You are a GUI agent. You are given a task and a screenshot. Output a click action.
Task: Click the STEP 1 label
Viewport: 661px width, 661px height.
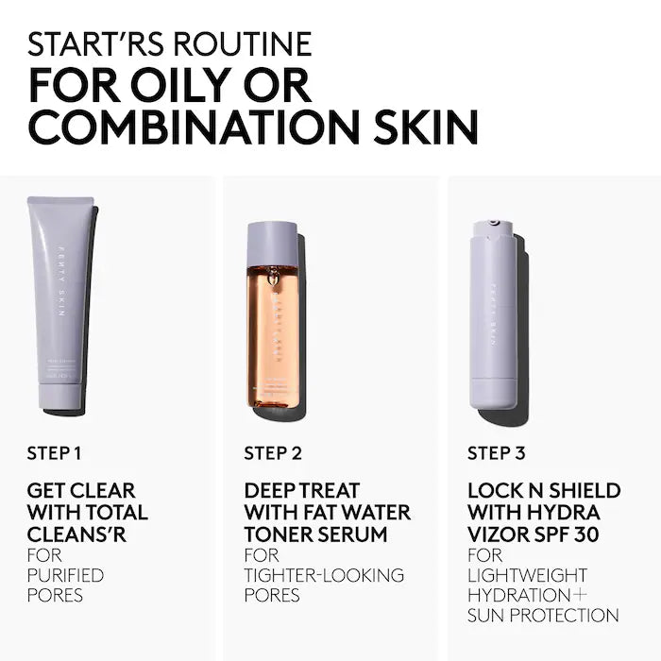(x=55, y=453)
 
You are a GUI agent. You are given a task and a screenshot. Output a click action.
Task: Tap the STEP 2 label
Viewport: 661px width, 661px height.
(x=273, y=453)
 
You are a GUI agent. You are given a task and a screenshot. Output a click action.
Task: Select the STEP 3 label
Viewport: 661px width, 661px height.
(x=496, y=453)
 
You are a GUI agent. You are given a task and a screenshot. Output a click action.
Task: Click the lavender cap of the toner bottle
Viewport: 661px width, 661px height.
(x=272, y=244)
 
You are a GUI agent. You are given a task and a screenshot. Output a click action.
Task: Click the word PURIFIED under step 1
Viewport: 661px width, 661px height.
(x=65, y=575)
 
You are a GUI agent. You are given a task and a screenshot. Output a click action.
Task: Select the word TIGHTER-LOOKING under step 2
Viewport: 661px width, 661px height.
(x=324, y=575)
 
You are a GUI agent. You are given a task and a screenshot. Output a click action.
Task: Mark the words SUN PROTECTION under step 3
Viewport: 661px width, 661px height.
(x=543, y=616)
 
